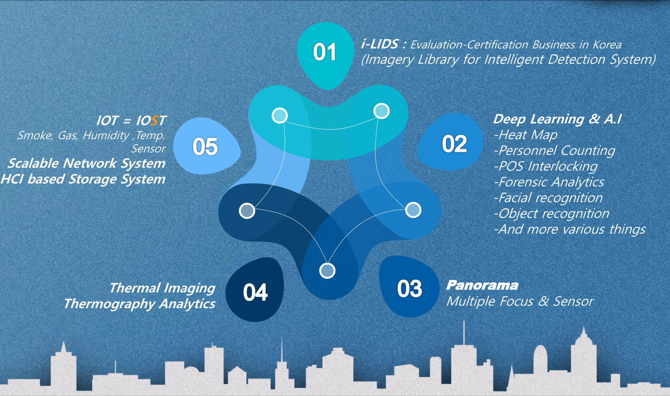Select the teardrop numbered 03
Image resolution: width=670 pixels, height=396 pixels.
coord(409,287)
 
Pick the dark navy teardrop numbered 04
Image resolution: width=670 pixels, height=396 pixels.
coord(255,290)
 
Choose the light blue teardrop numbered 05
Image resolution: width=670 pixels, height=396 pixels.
coord(206,147)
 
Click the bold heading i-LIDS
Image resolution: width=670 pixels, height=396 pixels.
coord(380,44)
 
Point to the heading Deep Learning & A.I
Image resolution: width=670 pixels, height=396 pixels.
coord(557,119)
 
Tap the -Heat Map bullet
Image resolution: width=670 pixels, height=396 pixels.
coord(526,135)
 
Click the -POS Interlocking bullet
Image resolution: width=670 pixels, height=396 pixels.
coord(546,166)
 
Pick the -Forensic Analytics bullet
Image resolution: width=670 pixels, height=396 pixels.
coord(549,182)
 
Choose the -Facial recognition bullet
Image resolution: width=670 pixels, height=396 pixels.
coord(548,198)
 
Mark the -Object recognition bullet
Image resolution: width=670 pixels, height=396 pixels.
coord(552,214)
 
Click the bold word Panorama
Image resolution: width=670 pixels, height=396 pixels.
coord(482,285)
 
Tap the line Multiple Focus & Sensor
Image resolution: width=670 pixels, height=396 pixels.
coord(520,301)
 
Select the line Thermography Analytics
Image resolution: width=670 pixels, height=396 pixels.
coord(140,304)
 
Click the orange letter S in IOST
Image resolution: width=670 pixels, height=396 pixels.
coord(154,121)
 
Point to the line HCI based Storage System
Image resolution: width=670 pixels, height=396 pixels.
coord(83,179)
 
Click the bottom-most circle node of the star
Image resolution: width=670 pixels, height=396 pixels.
coord(327,270)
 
